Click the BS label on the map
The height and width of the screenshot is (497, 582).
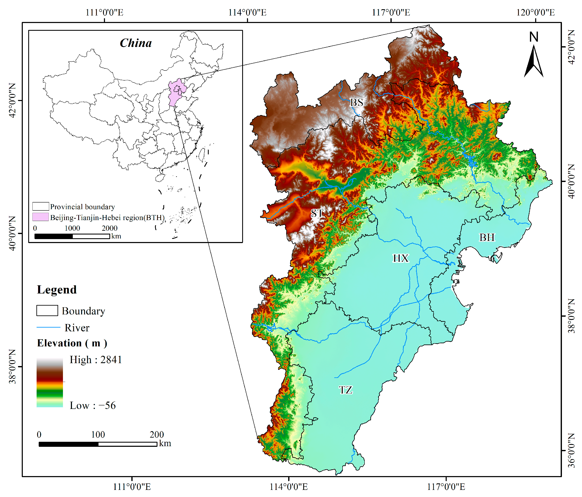click(356, 102)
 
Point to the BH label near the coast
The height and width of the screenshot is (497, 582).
click(487, 238)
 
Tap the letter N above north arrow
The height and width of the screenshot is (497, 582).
click(534, 37)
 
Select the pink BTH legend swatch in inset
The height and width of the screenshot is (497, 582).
click(40, 217)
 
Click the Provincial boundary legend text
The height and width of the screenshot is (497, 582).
click(82, 207)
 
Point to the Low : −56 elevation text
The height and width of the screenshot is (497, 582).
click(93, 406)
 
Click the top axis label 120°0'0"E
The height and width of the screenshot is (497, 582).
click(535, 13)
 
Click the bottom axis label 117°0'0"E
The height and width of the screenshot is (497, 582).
click(446, 487)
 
